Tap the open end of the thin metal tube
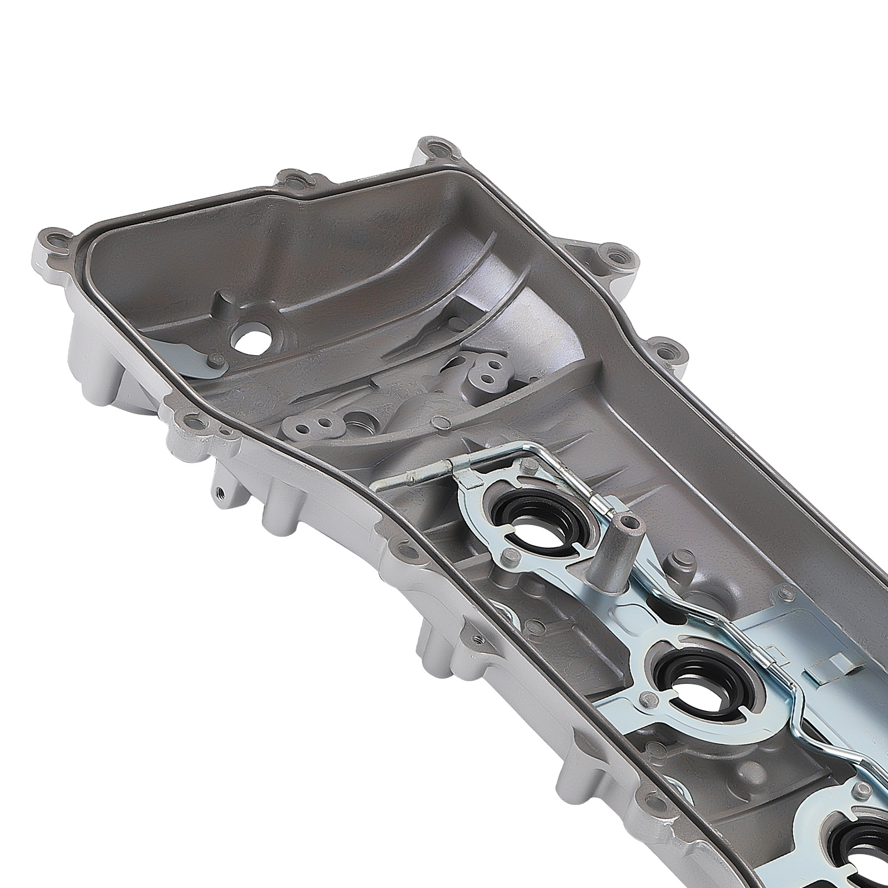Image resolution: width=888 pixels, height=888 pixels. tap(379, 486)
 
